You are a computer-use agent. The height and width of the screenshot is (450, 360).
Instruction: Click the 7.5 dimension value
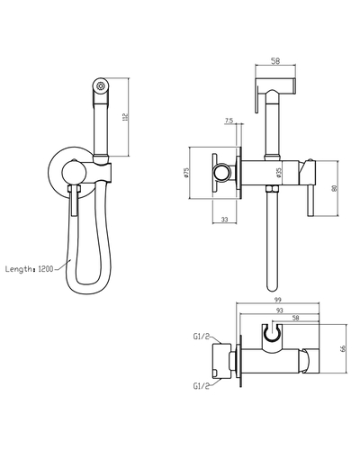pos(229,120)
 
